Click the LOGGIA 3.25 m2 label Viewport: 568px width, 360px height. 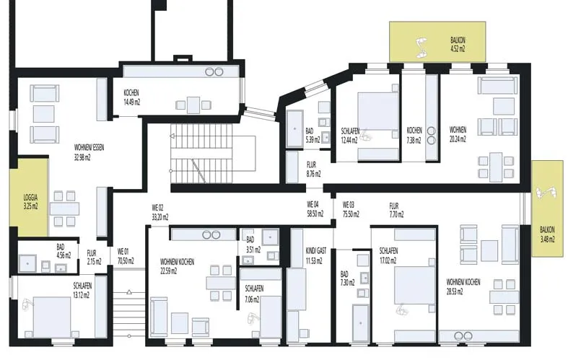pos(31,202)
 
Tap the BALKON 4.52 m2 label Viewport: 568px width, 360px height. pos(458,45)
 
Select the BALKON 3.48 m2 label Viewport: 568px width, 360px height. pos(547,234)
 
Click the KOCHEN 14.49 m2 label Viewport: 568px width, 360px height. pos(131,97)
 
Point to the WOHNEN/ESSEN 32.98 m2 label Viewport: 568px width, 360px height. pos(89,152)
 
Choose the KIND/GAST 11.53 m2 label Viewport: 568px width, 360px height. pos(316,255)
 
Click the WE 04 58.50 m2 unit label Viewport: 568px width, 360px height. pos(315,209)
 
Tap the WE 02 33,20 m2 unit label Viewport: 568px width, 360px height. pos(160,213)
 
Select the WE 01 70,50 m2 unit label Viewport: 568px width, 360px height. pos(126,256)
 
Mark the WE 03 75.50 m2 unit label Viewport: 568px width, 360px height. pos(351,209)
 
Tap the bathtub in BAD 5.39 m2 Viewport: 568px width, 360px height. pos(294,129)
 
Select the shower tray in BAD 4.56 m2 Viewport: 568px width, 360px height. pos(28,263)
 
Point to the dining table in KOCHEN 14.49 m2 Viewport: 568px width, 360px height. pos(193,105)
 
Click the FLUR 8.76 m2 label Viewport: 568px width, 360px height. pos(313,169)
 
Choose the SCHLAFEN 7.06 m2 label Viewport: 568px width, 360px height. pos(254,294)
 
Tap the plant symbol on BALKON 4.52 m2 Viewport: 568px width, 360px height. pos(421,47)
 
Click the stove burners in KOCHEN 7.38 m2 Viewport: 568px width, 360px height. pos(431,136)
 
